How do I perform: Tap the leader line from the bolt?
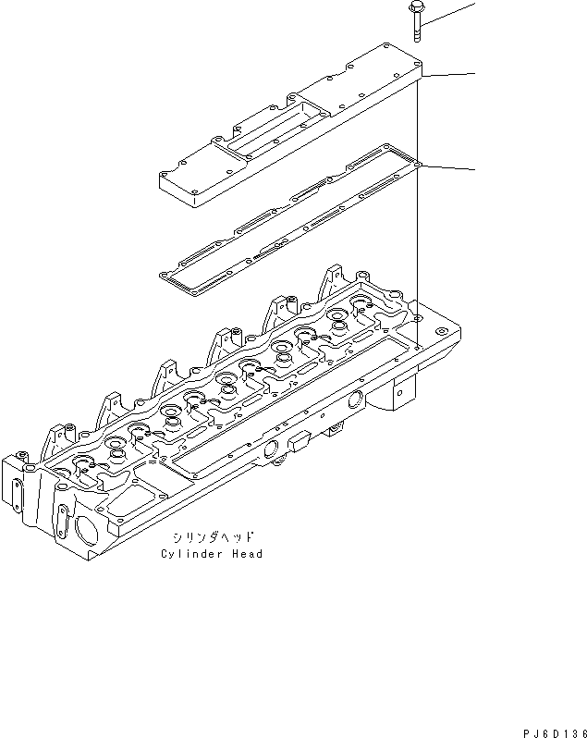453,12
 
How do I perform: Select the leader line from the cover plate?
451,75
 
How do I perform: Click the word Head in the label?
247,554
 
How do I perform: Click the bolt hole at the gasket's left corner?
165,275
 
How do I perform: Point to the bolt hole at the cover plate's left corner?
167,172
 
